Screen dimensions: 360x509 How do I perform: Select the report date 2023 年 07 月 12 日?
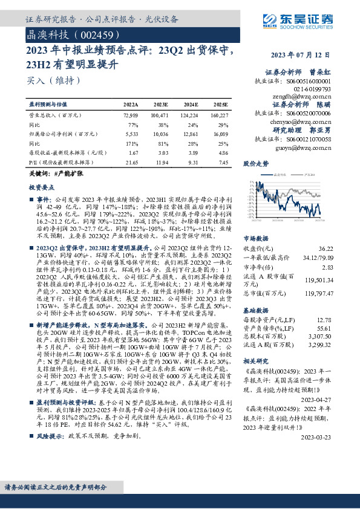click(309, 55)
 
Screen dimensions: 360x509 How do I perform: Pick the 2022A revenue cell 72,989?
click(131, 114)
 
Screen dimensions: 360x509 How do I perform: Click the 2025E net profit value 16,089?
click(219, 134)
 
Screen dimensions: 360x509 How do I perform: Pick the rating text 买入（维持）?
click(53, 79)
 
